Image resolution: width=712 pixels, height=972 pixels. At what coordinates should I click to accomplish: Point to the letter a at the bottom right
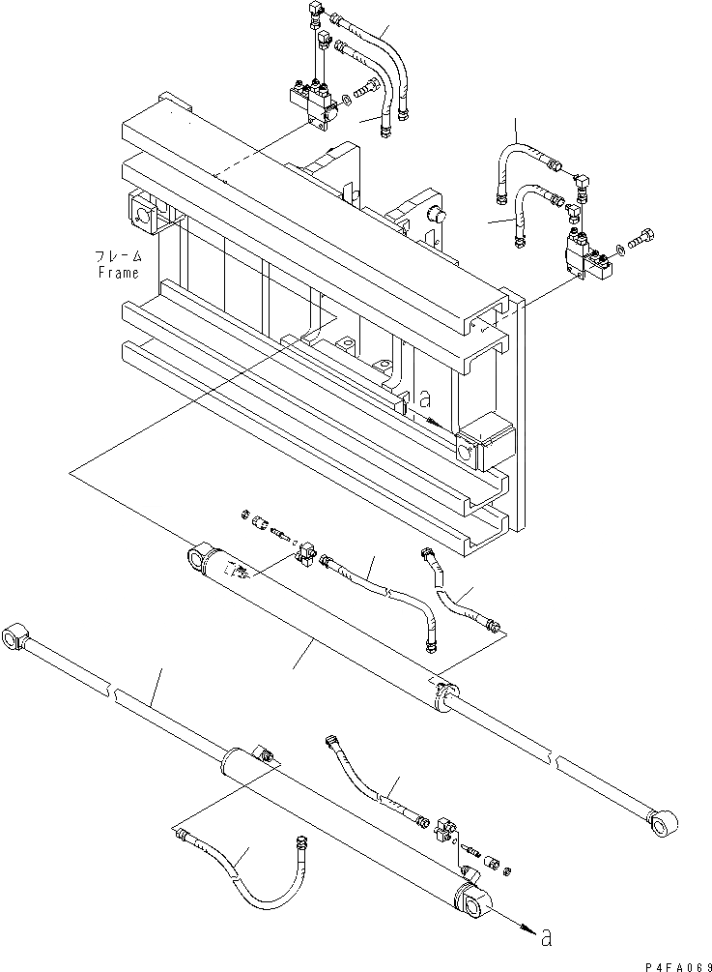[548, 936]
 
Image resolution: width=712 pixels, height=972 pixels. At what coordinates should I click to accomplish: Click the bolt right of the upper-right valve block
[643, 237]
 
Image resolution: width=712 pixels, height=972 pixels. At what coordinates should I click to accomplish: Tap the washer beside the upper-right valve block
[618, 252]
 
